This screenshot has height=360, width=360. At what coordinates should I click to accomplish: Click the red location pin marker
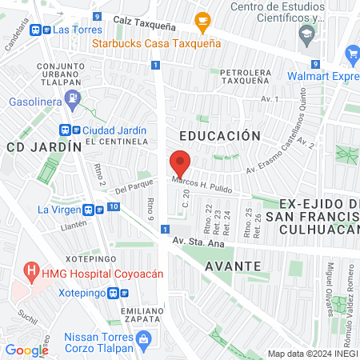point(181,162)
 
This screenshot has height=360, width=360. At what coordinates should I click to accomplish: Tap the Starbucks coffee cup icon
point(202,20)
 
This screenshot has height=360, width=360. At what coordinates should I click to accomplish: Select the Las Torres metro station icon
point(37,30)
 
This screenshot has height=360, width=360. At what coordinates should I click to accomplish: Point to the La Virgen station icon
point(98,210)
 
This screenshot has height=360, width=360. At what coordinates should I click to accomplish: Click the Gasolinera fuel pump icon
point(73,100)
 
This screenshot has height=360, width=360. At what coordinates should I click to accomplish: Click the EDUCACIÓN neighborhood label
point(220,136)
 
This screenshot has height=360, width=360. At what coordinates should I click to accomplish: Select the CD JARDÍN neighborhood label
point(45,147)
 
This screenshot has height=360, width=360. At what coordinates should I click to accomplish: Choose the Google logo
point(26,350)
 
